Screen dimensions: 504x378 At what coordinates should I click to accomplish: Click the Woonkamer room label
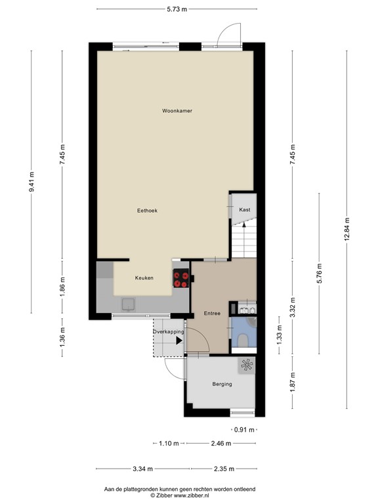177,111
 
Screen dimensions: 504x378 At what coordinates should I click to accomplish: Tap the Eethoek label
147,210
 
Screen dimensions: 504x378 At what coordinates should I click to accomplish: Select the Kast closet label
244,209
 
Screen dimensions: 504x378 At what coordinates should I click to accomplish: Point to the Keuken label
144,278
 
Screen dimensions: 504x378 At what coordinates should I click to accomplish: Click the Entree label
211,312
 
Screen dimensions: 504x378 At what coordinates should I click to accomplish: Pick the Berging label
222,384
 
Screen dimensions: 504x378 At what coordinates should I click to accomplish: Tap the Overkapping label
169,332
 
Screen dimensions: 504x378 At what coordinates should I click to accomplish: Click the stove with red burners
181,278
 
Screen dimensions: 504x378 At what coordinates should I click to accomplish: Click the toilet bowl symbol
243,339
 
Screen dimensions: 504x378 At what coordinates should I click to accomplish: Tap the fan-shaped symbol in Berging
247,366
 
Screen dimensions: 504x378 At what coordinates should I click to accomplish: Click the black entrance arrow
179,341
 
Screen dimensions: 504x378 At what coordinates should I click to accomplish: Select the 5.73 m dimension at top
177,9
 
